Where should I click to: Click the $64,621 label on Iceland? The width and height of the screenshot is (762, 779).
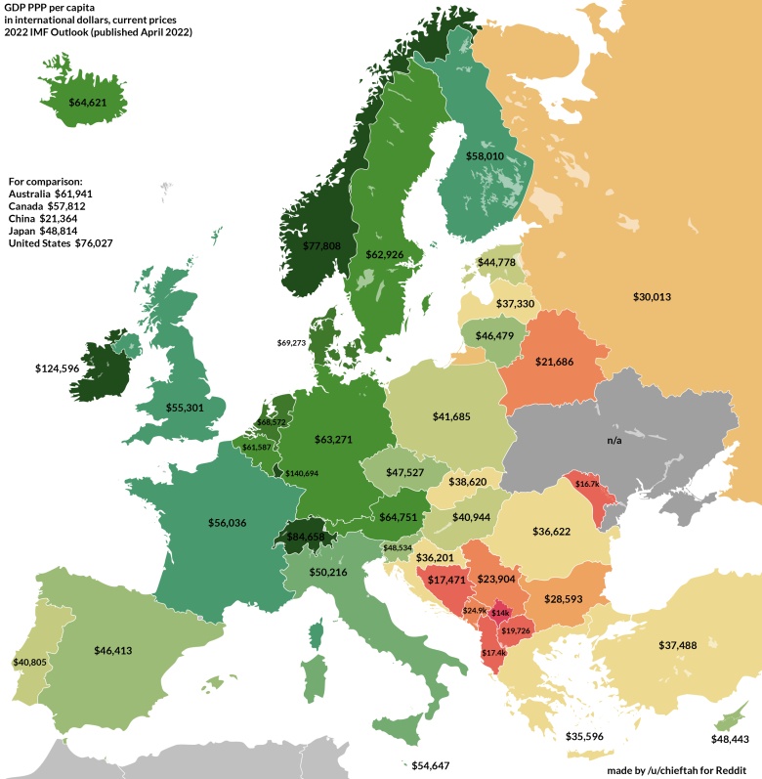coord(88,101)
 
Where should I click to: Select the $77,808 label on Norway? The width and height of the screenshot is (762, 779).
coord(321,246)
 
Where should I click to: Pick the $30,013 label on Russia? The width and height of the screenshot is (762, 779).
coord(652,296)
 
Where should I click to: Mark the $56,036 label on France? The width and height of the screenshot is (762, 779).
coord(227,523)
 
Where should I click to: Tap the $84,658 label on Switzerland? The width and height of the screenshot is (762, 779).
coord(302,537)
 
